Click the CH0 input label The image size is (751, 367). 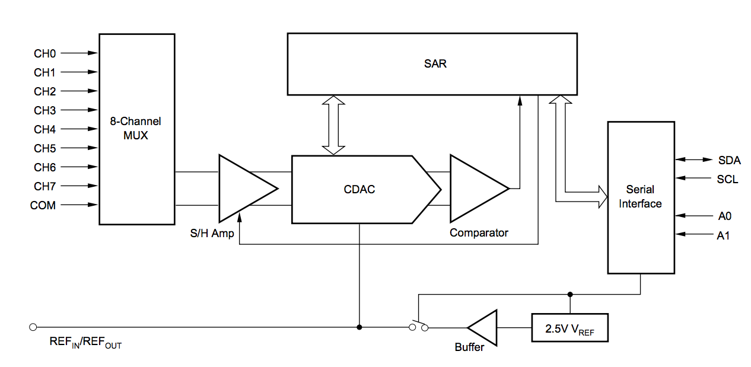tap(44, 53)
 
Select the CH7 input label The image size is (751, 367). tap(44, 186)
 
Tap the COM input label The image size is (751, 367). tap(43, 205)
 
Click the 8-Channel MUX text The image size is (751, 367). tap(136, 128)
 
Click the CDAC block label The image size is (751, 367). tap(359, 190)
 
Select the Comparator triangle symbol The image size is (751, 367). tap(475, 189)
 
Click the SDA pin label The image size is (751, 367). tap(729, 160)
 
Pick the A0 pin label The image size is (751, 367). tap(723, 216)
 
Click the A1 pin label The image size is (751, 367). tap(723, 235)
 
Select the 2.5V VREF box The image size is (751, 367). tap(569, 327)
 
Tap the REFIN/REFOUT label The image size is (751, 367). tap(85, 343)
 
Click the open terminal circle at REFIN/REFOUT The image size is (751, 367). tap(33, 327)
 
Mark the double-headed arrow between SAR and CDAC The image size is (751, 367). tap(333, 125)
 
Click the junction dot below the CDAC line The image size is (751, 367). tap(359, 327)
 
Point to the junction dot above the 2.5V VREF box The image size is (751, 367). tap(570, 294)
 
